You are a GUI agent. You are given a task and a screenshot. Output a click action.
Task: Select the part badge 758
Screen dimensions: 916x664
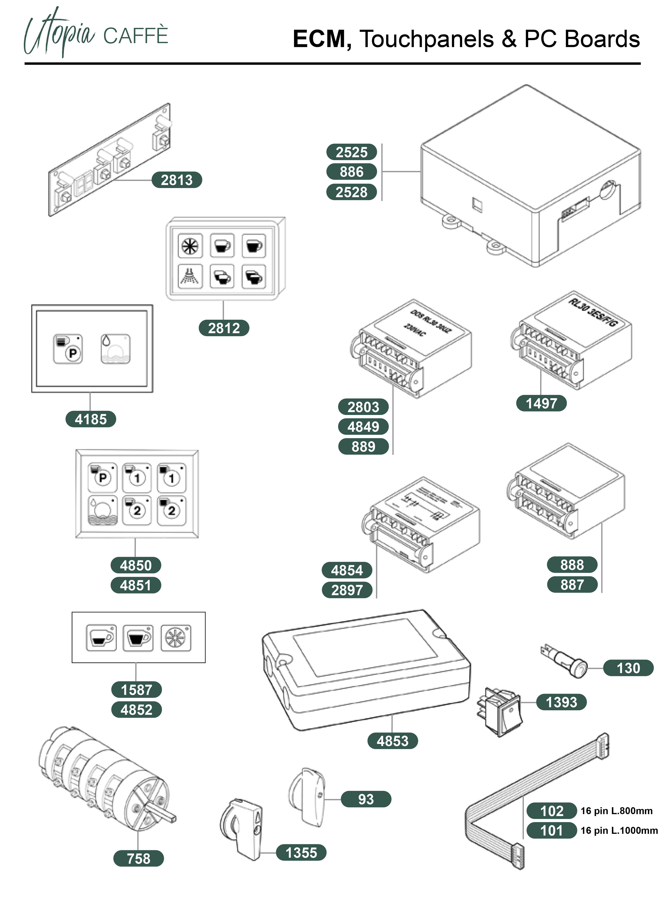point(138,858)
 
